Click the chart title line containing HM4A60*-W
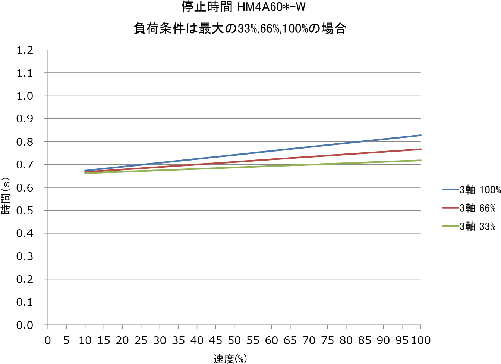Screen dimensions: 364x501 [x=243, y=7]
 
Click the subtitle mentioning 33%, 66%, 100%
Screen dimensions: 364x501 [x=240, y=28]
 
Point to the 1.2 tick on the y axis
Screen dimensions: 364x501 [x=25, y=50]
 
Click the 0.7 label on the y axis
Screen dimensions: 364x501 [x=25, y=165]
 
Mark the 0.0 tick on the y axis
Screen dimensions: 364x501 [x=25, y=325]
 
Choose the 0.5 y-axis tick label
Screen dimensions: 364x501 [x=25, y=211]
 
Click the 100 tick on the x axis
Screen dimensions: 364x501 [x=420, y=340]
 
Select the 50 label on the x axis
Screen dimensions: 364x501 [x=234, y=340]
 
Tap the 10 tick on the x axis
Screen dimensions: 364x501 [x=85, y=340]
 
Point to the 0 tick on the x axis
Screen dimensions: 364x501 [x=48, y=340]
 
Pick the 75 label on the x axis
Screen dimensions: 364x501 [x=327, y=340]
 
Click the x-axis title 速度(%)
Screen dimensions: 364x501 [x=230, y=359]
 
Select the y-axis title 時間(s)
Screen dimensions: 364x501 [x=6, y=196]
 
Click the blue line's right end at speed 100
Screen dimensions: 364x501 [x=420, y=135]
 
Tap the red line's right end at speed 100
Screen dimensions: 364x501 [x=420, y=149]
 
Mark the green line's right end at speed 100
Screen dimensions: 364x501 [x=420, y=161]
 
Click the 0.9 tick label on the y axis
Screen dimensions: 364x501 [x=25, y=119]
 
